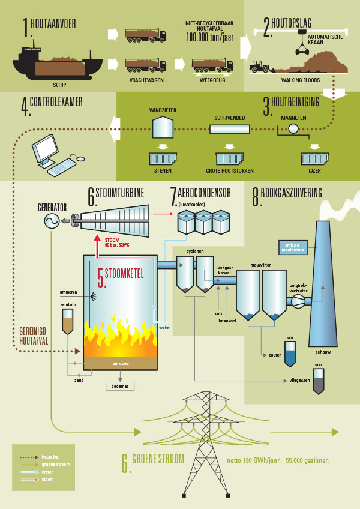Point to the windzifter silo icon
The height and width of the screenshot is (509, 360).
pyautogui.click(x=161, y=126)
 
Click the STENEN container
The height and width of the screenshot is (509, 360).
pyautogui.click(x=162, y=158)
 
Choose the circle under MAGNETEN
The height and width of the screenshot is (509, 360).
pyautogui.click(x=293, y=129)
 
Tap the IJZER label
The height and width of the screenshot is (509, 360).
pyautogui.click(x=314, y=171)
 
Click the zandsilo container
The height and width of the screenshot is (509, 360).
pyautogui.click(x=68, y=322)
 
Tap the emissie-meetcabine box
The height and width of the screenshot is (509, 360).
pyautogui.click(x=292, y=246)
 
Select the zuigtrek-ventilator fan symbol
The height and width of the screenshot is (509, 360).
pyautogui.click(x=298, y=302)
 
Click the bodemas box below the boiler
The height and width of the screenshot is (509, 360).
pyautogui.click(x=121, y=387)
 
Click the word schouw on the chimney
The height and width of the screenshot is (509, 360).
pyautogui.click(x=323, y=352)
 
